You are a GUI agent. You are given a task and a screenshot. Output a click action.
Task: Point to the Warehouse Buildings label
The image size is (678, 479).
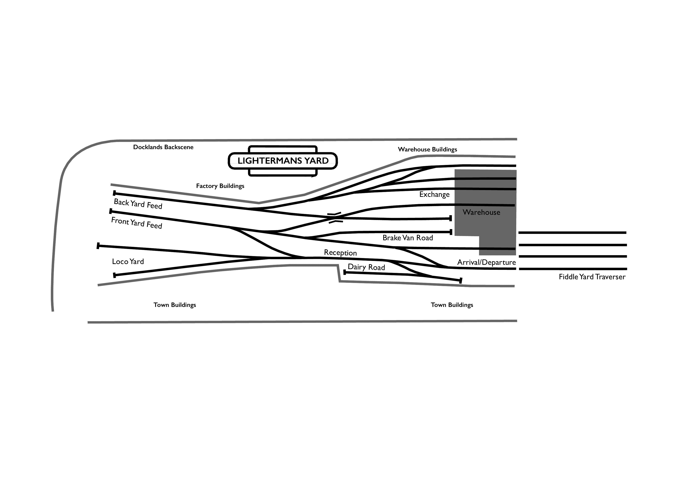[427, 149]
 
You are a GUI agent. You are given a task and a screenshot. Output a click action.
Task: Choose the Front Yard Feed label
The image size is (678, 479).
[136, 223]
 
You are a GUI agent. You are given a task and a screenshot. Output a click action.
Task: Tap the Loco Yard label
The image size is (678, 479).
[128, 262]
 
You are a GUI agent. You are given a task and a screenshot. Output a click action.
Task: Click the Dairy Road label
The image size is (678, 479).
[366, 267]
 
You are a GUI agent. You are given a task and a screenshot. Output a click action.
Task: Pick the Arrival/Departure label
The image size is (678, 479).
[486, 262]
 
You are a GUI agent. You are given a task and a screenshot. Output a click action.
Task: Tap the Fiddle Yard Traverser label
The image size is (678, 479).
[592, 277]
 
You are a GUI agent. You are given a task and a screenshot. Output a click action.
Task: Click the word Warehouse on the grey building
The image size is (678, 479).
[481, 212]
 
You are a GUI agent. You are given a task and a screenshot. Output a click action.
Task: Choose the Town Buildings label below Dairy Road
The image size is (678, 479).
[452, 305]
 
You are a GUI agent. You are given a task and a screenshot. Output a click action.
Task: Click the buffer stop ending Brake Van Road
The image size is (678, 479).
[451, 232]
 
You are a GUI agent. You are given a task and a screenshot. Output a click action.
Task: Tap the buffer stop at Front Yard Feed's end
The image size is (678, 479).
[111, 211]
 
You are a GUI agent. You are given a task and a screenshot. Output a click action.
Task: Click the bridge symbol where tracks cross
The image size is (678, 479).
[335, 217]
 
